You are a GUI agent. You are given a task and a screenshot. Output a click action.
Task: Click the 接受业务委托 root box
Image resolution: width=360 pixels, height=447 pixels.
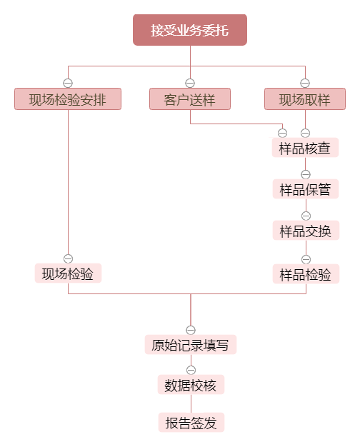(190, 30)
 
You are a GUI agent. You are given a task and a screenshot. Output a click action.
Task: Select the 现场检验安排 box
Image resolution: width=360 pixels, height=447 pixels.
(68, 99)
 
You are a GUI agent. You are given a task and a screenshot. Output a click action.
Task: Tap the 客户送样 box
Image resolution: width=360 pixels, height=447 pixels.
(190, 99)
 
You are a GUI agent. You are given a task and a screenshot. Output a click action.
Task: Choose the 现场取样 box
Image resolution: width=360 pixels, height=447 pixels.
(305, 99)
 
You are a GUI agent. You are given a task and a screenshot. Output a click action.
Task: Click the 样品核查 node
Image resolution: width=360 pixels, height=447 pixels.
(305, 147)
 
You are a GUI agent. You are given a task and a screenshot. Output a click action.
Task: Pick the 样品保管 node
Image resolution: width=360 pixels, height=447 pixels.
(306, 189)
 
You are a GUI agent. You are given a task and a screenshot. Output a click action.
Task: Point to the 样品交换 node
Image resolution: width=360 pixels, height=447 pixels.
(306, 231)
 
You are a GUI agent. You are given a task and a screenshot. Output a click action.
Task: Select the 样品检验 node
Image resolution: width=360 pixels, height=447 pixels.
(306, 274)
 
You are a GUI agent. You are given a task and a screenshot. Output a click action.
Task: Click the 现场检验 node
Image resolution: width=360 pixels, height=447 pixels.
(68, 273)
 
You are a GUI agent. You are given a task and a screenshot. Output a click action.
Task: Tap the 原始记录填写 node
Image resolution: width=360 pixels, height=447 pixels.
(191, 345)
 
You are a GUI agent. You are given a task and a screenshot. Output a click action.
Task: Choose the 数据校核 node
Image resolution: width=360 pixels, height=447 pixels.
(191, 385)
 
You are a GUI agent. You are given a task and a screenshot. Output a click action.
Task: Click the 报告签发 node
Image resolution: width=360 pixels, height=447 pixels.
(191, 422)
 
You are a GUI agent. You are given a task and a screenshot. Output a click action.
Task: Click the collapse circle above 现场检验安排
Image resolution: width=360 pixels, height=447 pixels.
(68, 83)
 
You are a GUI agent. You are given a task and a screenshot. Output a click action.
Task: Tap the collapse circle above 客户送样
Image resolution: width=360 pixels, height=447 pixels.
(190, 83)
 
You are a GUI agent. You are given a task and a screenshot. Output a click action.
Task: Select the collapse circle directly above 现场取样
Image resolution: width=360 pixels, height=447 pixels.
(305, 83)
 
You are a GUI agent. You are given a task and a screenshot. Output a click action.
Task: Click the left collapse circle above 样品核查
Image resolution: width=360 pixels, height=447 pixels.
(282, 133)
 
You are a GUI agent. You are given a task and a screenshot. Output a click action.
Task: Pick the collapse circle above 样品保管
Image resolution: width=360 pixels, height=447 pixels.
(306, 174)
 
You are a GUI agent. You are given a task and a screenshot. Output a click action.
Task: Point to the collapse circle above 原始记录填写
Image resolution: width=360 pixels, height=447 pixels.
(191, 330)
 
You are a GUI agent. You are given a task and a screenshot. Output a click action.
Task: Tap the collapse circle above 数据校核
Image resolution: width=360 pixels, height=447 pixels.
(191, 370)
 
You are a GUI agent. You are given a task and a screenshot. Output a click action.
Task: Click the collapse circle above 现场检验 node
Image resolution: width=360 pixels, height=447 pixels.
(68, 258)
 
